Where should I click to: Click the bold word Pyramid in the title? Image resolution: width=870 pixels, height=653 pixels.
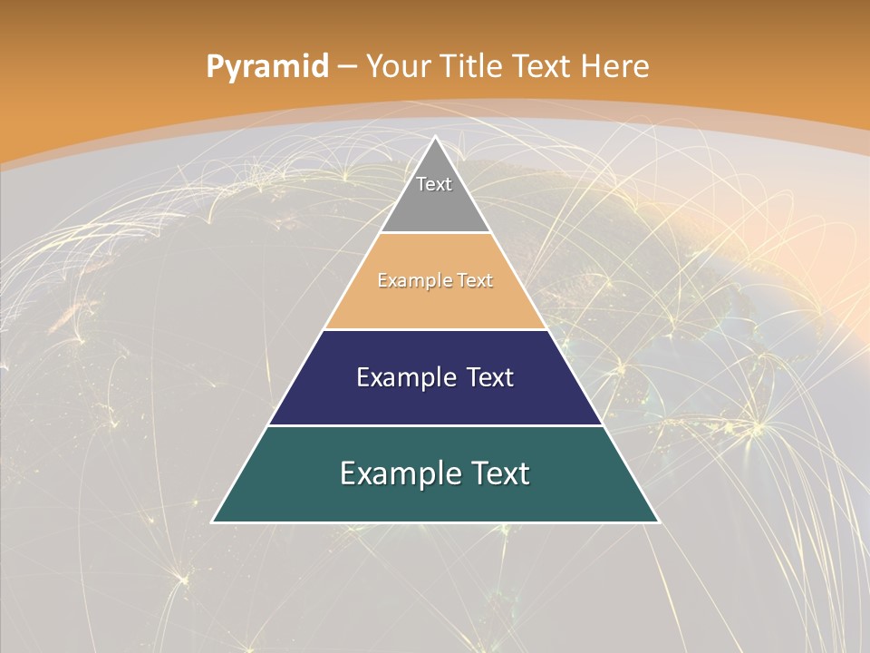point(267,66)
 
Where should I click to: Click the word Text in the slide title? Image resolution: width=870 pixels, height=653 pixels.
point(542,66)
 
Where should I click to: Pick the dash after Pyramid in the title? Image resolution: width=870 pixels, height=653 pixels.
point(346,66)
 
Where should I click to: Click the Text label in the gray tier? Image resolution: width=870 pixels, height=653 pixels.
point(434,184)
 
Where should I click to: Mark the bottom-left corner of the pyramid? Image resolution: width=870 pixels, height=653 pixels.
point(214,521)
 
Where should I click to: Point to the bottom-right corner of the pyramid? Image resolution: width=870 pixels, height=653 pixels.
point(658,521)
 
